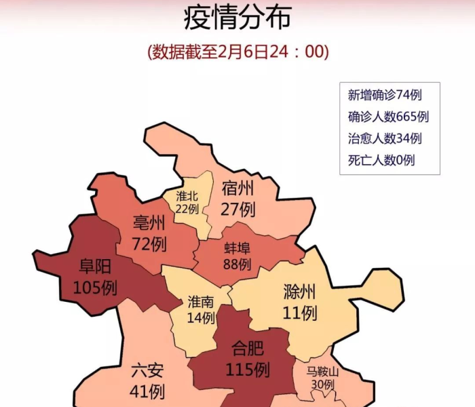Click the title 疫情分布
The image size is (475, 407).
[x=237, y=18]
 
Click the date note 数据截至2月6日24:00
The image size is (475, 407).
[x=237, y=52]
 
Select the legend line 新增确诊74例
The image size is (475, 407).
[x=385, y=95]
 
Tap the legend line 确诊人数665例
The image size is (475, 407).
[x=387, y=117]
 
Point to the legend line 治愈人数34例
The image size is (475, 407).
[x=385, y=138]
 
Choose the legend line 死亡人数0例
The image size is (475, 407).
[x=381, y=160]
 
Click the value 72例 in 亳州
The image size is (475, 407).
[x=150, y=242]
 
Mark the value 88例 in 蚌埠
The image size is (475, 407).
[x=237, y=263]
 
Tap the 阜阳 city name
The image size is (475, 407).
[x=96, y=267]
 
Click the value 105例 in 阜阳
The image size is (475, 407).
[x=96, y=288]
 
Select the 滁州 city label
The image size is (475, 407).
[x=299, y=292]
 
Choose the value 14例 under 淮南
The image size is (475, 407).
[x=201, y=317]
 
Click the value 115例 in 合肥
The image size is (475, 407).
[x=247, y=370]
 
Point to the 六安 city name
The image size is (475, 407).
[x=147, y=372]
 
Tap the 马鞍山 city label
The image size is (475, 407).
[x=322, y=371]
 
